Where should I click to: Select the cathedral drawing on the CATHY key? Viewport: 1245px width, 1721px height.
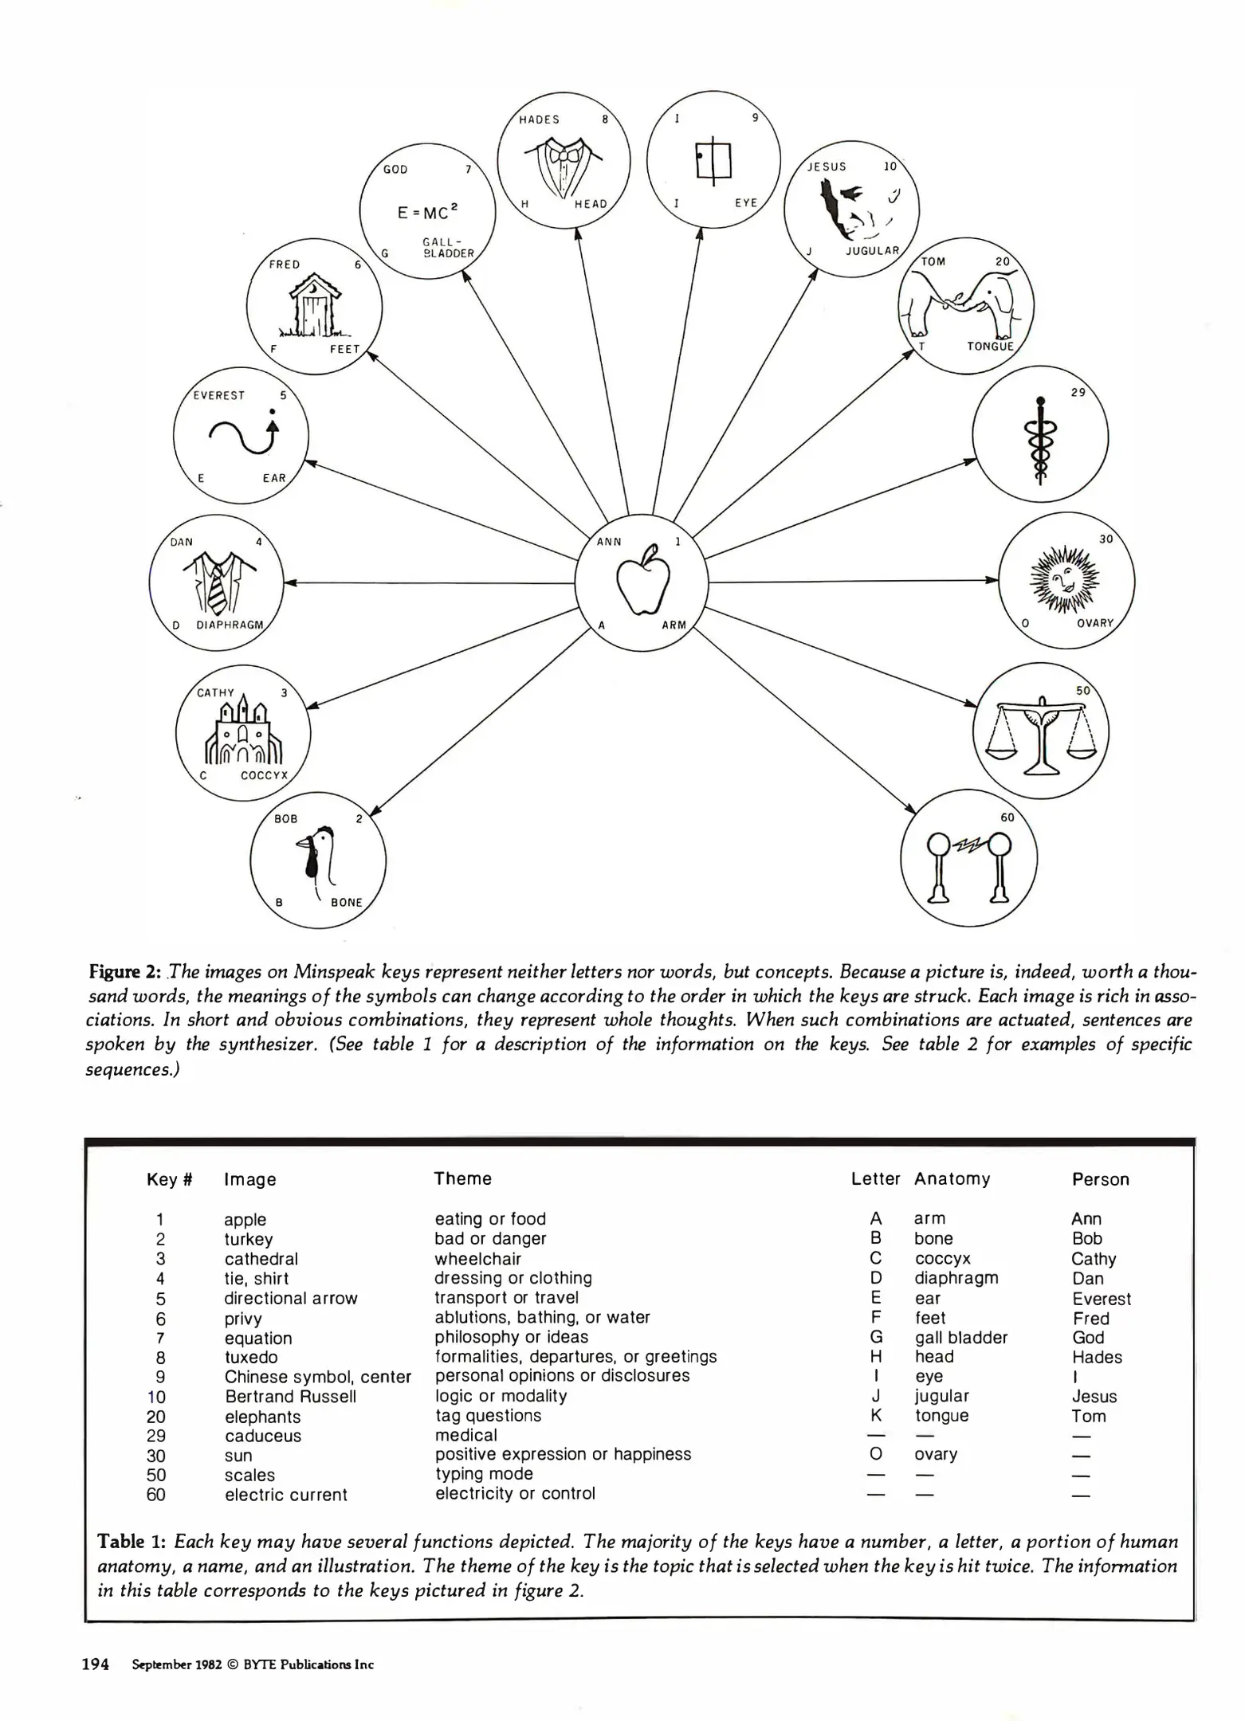pyautogui.click(x=244, y=731)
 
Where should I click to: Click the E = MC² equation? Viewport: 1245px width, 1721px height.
pyautogui.click(x=428, y=213)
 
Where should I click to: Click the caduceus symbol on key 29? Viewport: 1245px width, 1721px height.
pyautogui.click(x=1039, y=440)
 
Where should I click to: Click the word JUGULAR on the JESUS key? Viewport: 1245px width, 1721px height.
pyautogui.click(x=872, y=250)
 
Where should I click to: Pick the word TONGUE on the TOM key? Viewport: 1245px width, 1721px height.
pyautogui.click(x=990, y=346)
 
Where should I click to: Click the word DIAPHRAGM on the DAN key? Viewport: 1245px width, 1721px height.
pyautogui.click(x=230, y=625)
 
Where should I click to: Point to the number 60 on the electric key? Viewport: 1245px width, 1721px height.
pyautogui.click(x=1007, y=817)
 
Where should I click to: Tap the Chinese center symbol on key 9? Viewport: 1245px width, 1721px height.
pyautogui.click(x=713, y=162)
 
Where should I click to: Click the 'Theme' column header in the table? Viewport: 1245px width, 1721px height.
pyautogui.click(x=462, y=1178)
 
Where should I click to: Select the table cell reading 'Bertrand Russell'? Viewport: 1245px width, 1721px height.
pyautogui.click(x=290, y=1397)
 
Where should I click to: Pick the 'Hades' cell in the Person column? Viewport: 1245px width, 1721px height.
pyautogui.click(x=1097, y=1358)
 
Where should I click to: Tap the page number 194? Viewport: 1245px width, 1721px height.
pyautogui.click(x=96, y=1664)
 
